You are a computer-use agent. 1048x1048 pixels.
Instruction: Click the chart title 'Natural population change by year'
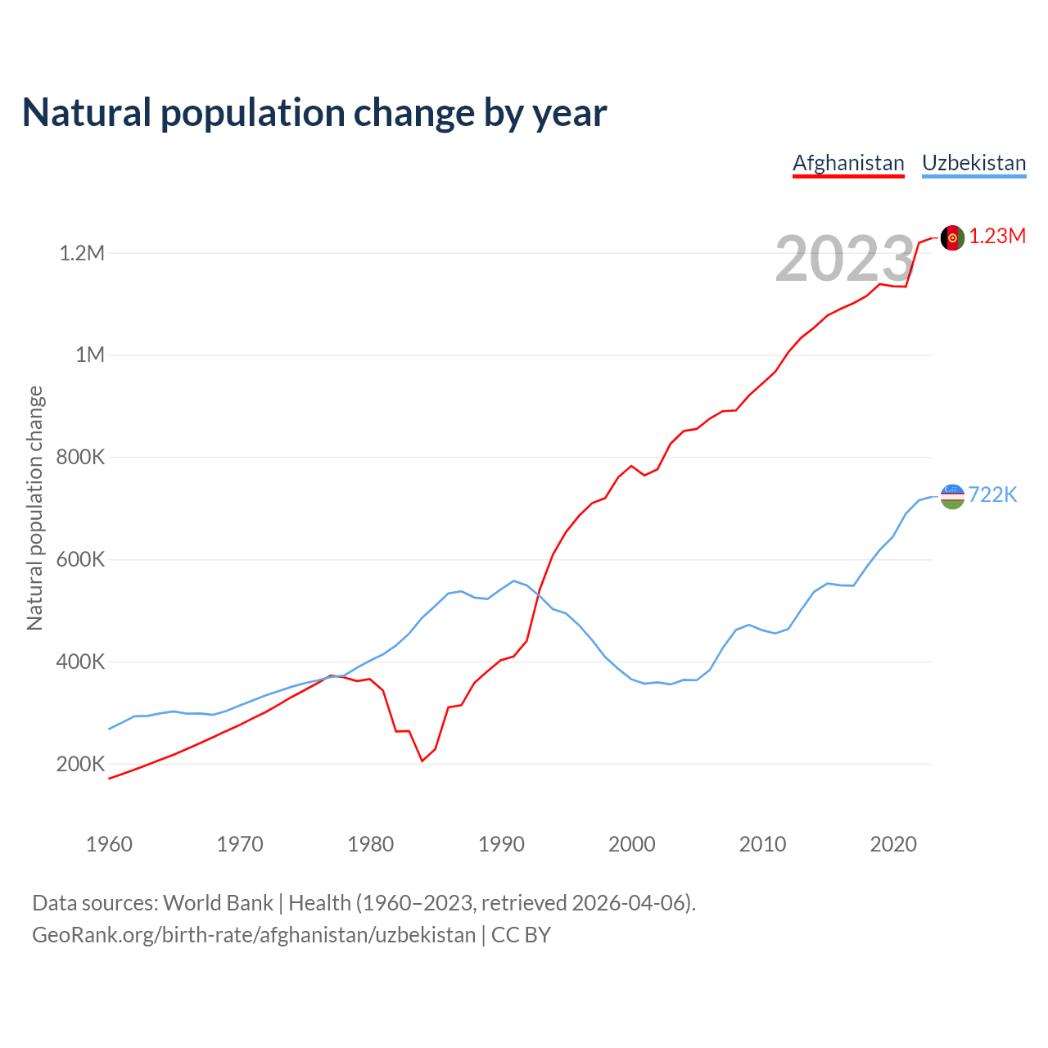(314, 113)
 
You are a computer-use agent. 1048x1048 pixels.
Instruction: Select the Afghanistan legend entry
(848, 163)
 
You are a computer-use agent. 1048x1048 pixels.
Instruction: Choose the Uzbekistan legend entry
(973, 163)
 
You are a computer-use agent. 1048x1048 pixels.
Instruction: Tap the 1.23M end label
(997, 237)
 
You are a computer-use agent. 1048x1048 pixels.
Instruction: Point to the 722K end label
(992, 495)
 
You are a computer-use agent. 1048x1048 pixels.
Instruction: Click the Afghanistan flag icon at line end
(952, 237)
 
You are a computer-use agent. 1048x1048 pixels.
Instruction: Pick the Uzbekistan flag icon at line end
(952, 495)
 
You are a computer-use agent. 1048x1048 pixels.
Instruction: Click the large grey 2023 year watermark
(844, 259)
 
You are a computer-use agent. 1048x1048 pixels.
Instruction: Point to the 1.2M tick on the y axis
(82, 253)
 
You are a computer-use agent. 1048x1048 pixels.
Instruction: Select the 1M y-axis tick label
(90, 355)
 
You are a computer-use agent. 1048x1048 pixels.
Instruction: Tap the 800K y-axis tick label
(80, 457)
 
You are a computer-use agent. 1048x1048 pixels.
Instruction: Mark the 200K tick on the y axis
(80, 764)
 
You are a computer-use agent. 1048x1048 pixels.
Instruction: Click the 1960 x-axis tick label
(109, 844)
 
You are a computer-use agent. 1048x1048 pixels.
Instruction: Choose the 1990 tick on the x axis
(501, 844)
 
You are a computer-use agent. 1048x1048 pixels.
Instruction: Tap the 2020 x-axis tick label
(893, 844)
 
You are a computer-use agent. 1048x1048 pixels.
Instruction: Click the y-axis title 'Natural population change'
(34, 508)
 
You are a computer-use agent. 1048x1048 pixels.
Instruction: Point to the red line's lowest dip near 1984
(422, 761)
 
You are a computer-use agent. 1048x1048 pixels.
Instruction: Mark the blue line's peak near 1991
(513, 580)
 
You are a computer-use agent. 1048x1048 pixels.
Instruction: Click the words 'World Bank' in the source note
(218, 903)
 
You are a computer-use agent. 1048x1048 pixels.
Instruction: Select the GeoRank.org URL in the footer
(254, 935)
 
